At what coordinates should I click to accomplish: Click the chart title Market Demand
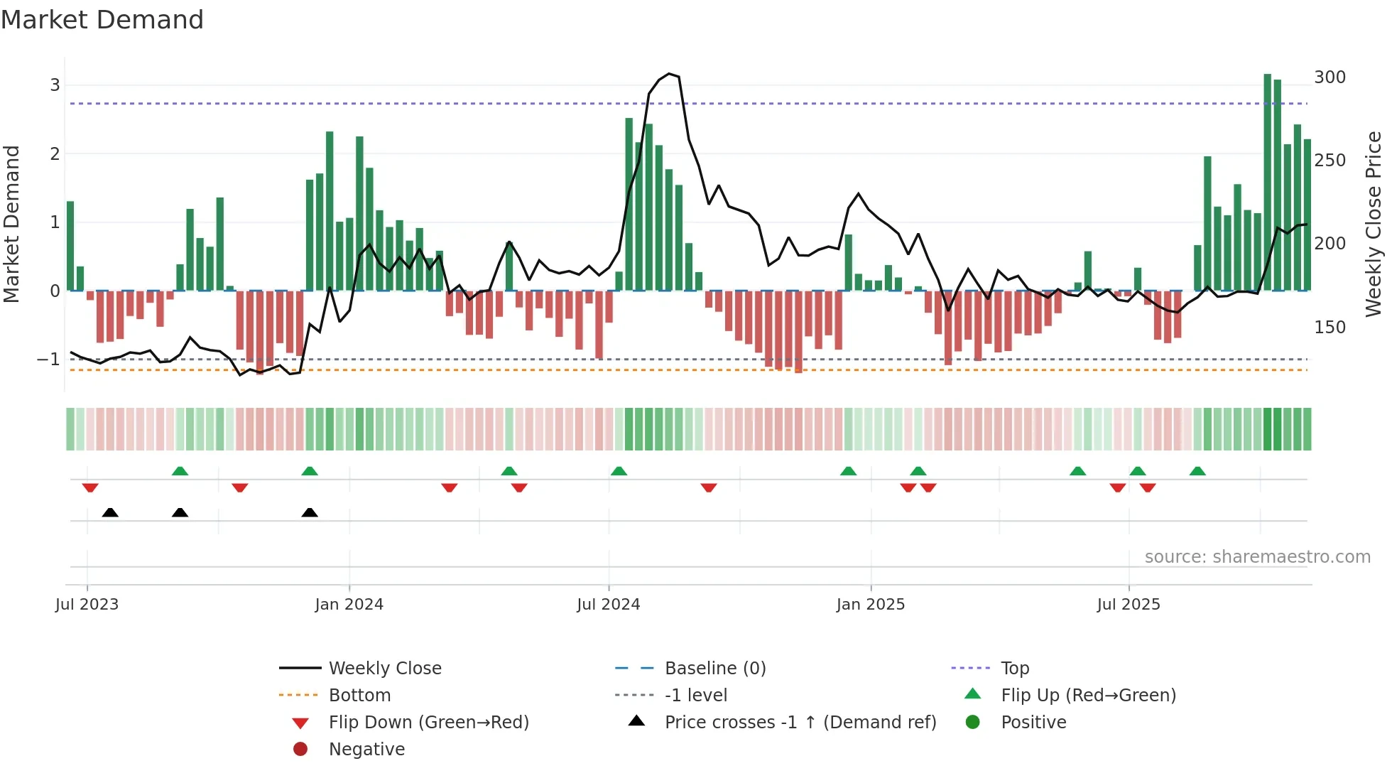click(x=102, y=20)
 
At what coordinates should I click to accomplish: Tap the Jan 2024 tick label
click(x=349, y=605)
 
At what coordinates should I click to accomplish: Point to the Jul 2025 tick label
click(x=1128, y=605)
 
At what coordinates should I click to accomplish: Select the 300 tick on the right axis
click(x=1330, y=77)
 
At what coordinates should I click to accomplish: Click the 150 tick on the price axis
click(x=1330, y=328)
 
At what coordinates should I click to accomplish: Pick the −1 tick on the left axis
click(x=48, y=360)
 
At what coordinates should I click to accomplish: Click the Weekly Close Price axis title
click(x=1374, y=224)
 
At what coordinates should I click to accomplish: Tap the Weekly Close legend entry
click(x=384, y=669)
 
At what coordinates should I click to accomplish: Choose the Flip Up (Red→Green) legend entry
click(x=1088, y=696)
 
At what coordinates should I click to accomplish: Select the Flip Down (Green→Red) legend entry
click(x=428, y=723)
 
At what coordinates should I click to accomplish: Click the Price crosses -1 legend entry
click(x=800, y=723)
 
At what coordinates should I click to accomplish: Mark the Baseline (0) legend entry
click(x=714, y=669)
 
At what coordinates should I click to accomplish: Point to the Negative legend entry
click(x=366, y=750)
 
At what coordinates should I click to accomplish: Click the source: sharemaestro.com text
click(x=1257, y=557)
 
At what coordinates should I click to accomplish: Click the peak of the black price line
click(x=669, y=74)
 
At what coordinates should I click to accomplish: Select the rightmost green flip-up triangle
click(x=1197, y=471)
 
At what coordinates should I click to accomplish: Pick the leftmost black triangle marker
click(x=110, y=512)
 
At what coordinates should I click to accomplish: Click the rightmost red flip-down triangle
click(x=1148, y=487)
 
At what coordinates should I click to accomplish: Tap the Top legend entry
click(x=1014, y=669)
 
